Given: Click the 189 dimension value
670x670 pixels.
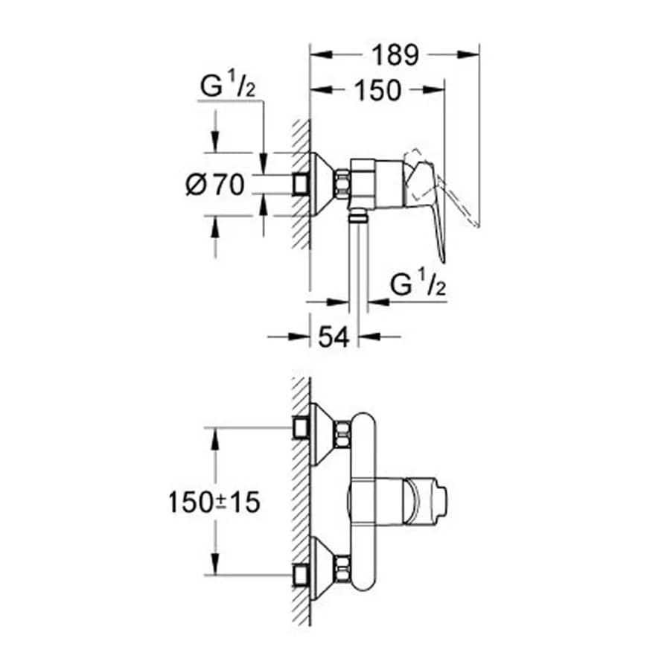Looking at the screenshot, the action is coord(395,55).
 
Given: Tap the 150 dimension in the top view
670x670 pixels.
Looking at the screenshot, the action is coord(378,90).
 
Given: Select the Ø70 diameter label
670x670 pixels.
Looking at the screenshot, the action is coord(215,185).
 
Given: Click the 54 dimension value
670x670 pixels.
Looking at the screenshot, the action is coord(334,337).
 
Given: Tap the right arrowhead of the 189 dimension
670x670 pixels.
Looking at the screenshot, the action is coord(469,54).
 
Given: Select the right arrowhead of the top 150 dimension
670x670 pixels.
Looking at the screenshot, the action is coord(434,89).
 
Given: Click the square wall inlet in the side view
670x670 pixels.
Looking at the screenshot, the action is coord(301,185).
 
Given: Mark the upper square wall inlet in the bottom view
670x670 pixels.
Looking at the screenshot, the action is coord(301,428).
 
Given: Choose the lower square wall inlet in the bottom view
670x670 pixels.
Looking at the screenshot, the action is coord(301,574).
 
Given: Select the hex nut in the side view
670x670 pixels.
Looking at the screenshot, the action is coord(343,185).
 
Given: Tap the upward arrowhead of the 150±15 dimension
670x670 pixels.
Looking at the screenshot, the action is coord(215,438).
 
